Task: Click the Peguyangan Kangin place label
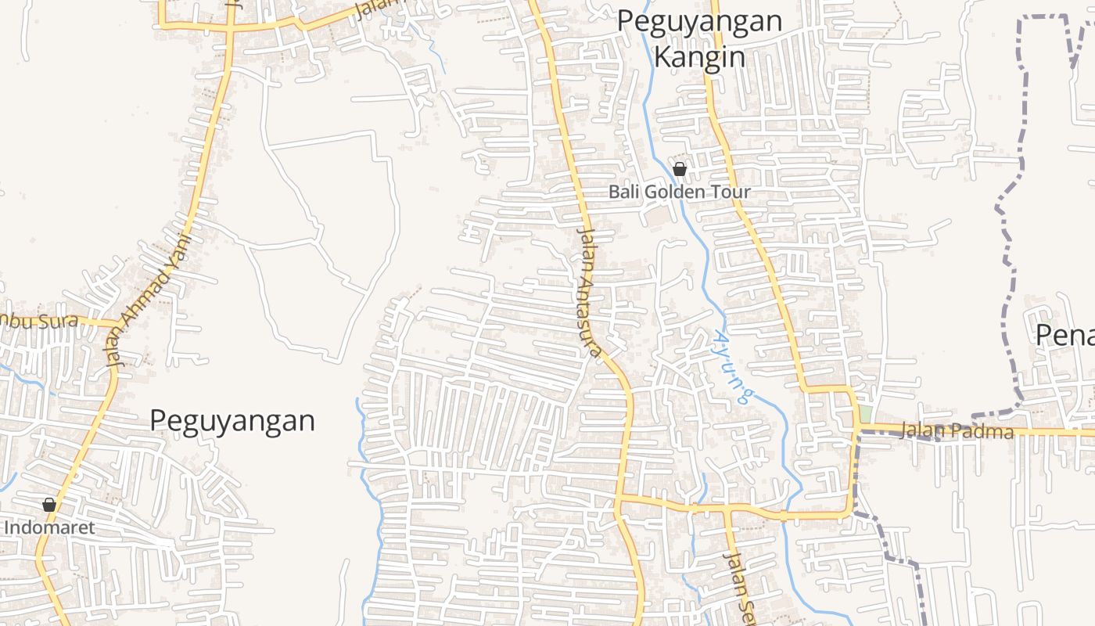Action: click(699, 38)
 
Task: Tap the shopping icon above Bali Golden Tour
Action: click(680, 168)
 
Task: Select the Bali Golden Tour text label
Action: click(680, 192)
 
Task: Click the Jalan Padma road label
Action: click(957, 431)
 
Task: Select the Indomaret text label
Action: click(49, 527)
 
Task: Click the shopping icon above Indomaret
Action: click(48, 505)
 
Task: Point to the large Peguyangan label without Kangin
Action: click(232, 420)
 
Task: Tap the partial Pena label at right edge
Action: click(1064, 335)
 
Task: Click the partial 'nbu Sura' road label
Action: click(39, 320)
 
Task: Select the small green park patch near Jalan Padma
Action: click(866, 413)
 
